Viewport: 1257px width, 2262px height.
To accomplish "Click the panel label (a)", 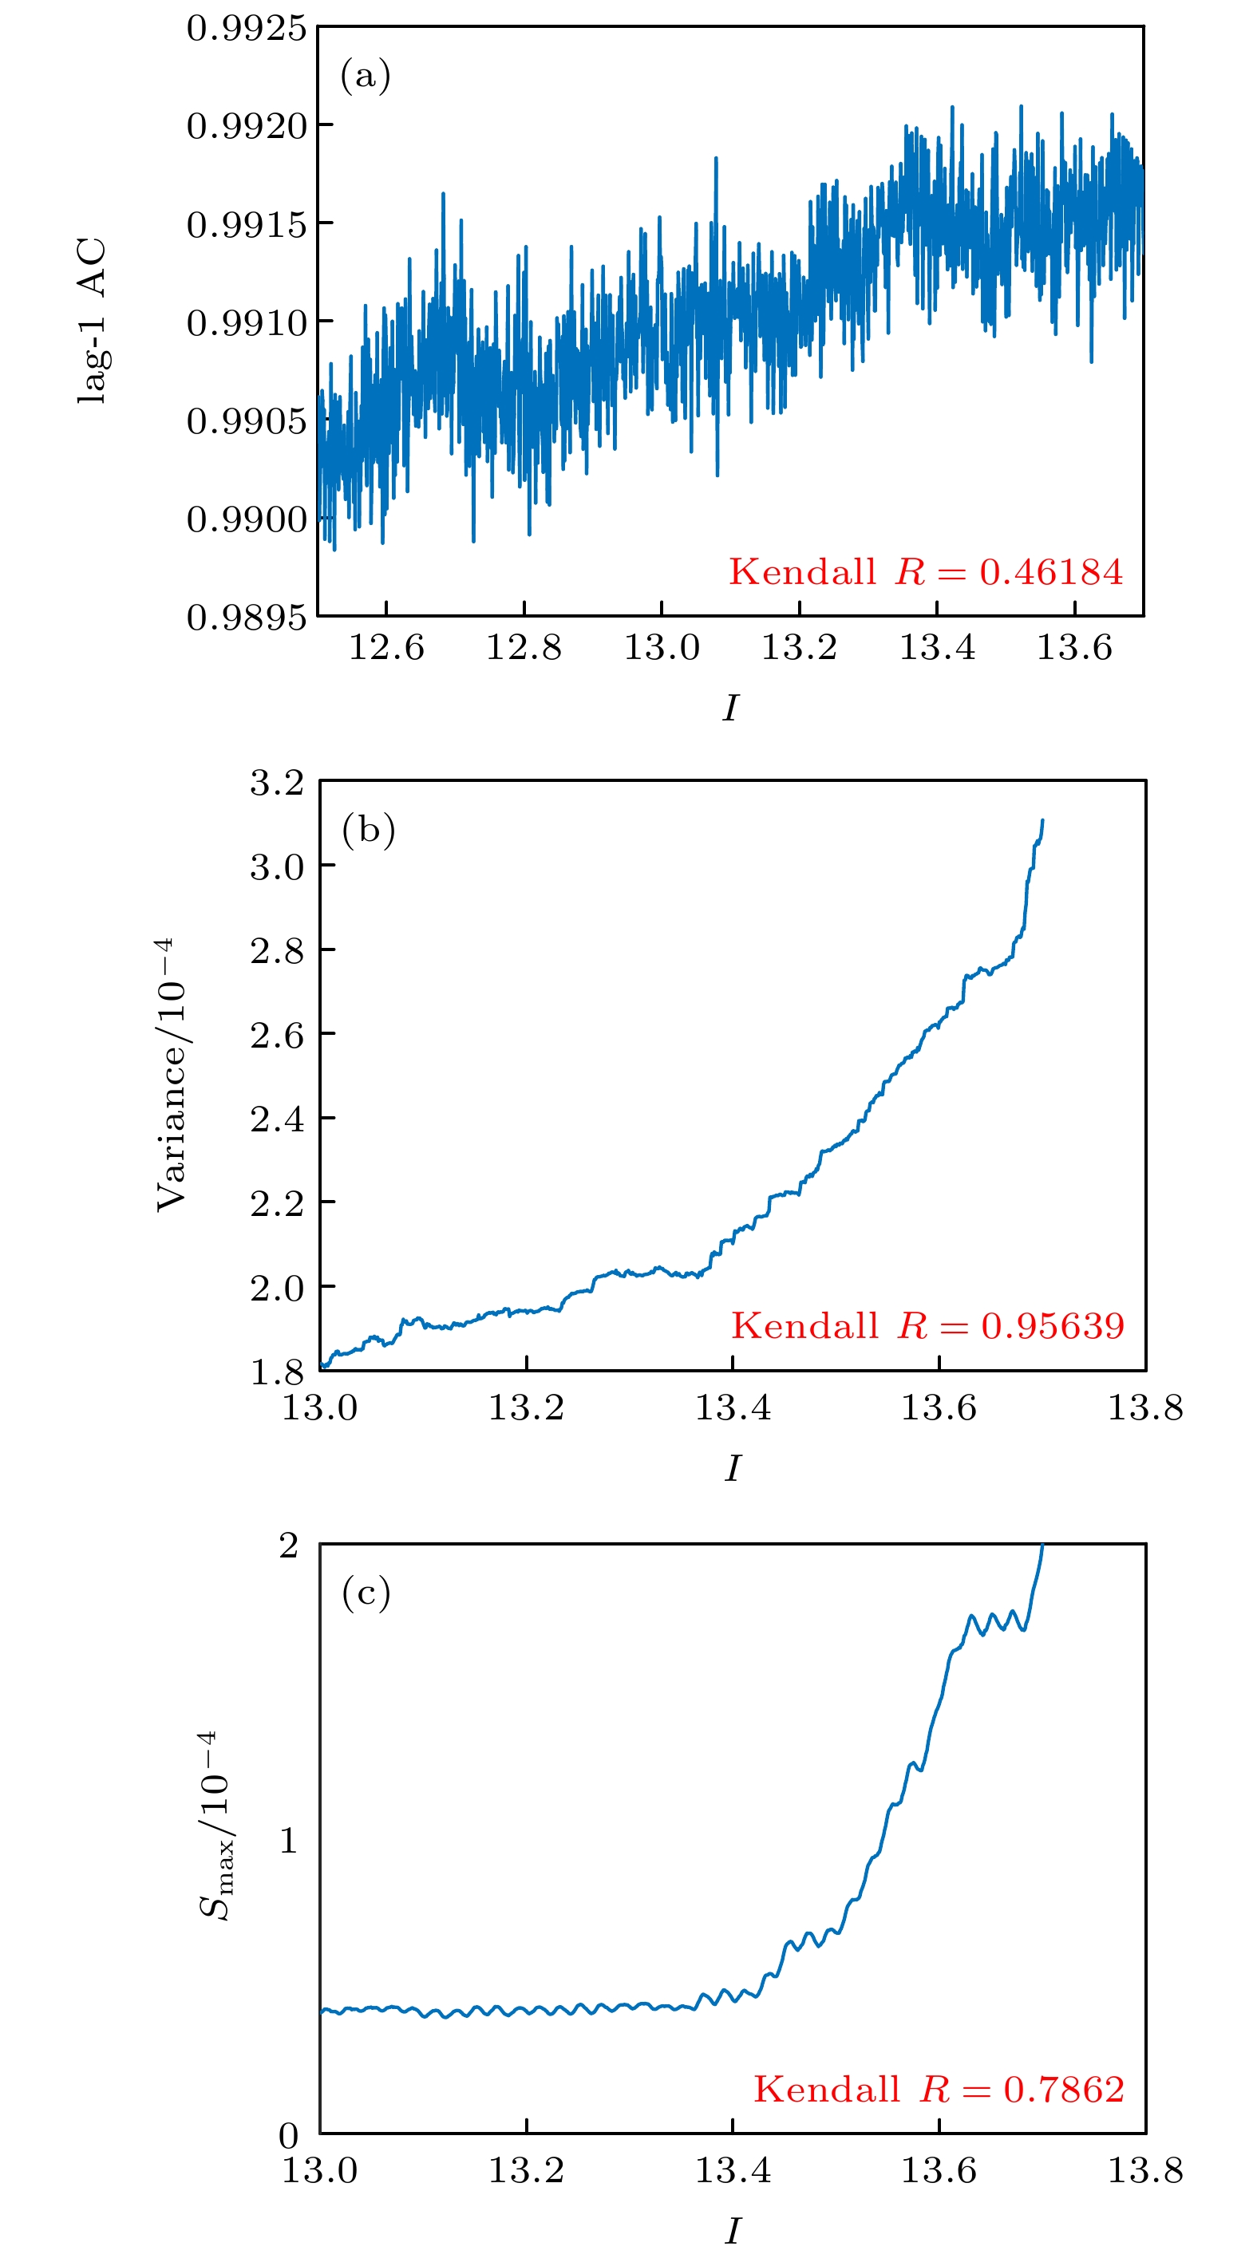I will coord(365,76).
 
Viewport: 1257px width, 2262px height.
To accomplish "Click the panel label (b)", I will coord(368,829).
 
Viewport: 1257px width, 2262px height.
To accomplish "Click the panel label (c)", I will coord(366,1592).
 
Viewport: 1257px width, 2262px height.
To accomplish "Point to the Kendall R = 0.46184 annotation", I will coord(925,571).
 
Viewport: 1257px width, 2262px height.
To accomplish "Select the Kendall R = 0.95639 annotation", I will coord(927,1325).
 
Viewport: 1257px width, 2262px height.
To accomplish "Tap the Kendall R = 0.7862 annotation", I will coord(938,2089).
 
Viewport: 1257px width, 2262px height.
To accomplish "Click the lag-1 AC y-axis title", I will coord(93,321).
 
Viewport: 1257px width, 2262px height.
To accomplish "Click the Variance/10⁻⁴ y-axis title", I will coord(172,1075).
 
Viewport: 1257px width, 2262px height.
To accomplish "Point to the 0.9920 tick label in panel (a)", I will coord(246,126).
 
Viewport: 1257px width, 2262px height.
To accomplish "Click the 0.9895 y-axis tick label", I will coord(246,618).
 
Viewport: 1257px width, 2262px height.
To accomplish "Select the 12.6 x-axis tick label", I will coord(386,648).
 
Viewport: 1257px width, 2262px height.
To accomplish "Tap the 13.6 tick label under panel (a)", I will coord(1074,648).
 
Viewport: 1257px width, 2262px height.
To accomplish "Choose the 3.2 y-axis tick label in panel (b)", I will coord(277,781).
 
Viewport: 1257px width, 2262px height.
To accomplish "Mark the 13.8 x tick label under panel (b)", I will coord(1144,1407).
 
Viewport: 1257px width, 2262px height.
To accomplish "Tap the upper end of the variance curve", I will coord(1042,820).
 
